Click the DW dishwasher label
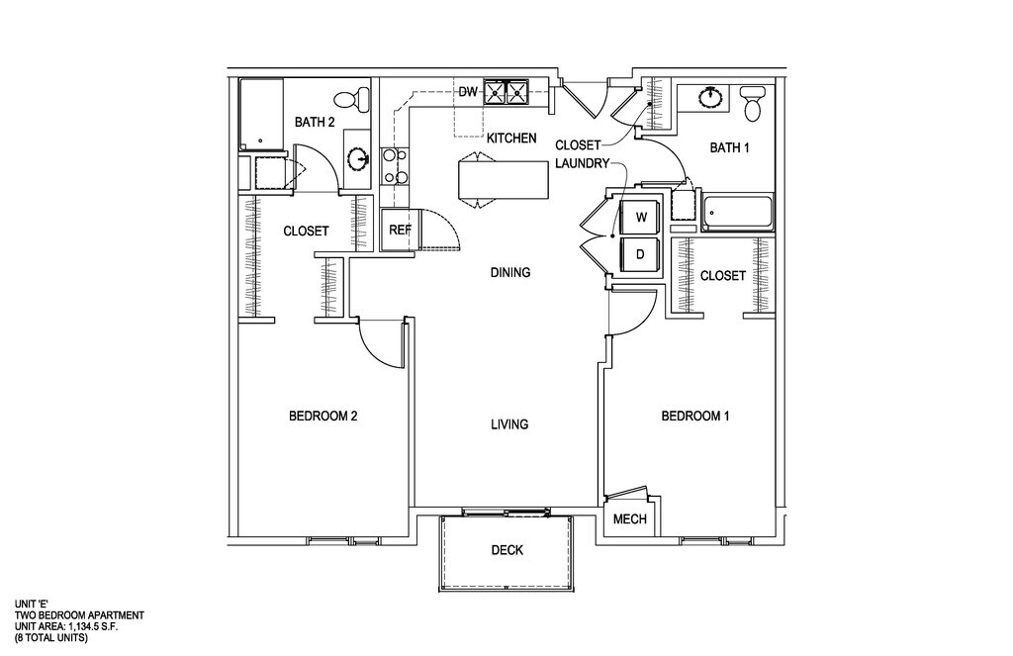tap(468, 93)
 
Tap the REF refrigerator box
tap(400, 230)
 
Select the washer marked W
tap(640, 217)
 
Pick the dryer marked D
tap(640, 253)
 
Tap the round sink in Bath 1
tap(710, 97)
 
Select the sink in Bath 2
tap(359, 158)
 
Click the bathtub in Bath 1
tap(737, 213)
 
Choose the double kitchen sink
tap(506, 93)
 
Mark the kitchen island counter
tap(504, 179)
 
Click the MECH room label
tap(629, 519)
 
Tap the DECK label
tap(506, 550)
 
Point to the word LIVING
tap(509, 424)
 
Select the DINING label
tap(509, 273)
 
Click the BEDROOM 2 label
tap(322, 417)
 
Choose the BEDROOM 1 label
tap(694, 417)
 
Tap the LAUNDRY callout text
tap(582, 163)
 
